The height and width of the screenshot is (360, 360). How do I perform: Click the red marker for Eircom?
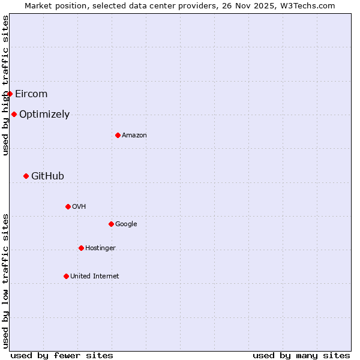pyautogui.click(x=10, y=94)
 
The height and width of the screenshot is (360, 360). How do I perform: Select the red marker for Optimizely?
pyautogui.click(x=14, y=114)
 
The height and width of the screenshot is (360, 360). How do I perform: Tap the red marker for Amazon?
pyautogui.click(x=118, y=135)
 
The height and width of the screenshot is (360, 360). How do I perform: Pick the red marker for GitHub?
pyautogui.click(x=26, y=176)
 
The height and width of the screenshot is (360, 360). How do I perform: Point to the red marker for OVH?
pyautogui.click(x=68, y=206)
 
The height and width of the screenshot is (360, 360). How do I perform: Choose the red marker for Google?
pyautogui.click(x=111, y=224)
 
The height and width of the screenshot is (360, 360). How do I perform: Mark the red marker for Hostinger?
pyautogui.click(x=81, y=248)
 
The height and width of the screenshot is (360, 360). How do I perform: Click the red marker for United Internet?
pyautogui.click(x=66, y=276)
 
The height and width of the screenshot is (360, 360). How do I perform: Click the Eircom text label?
pyautogui.click(x=31, y=94)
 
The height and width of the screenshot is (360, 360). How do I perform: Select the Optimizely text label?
pyautogui.click(x=44, y=114)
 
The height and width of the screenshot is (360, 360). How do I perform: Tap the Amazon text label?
pyautogui.click(x=134, y=135)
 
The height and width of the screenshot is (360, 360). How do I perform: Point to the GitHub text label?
pyautogui.click(x=47, y=176)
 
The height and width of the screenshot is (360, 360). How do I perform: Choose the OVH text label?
pyautogui.click(x=79, y=206)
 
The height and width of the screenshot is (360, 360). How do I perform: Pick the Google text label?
pyautogui.click(x=126, y=224)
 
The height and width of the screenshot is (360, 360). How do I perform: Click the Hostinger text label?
pyautogui.click(x=100, y=248)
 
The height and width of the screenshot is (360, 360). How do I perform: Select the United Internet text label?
pyautogui.click(x=95, y=276)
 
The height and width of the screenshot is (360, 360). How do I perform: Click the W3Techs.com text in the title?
pyautogui.click(x=305, y=5)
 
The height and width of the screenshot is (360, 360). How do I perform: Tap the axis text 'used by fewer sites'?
pyautogui.click(x=62, y=355)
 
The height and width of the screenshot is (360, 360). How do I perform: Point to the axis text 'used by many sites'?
pyautogui.click(x=301, y=355)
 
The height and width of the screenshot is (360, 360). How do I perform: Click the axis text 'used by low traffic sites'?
pyautogui.click(x=5, y=281)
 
